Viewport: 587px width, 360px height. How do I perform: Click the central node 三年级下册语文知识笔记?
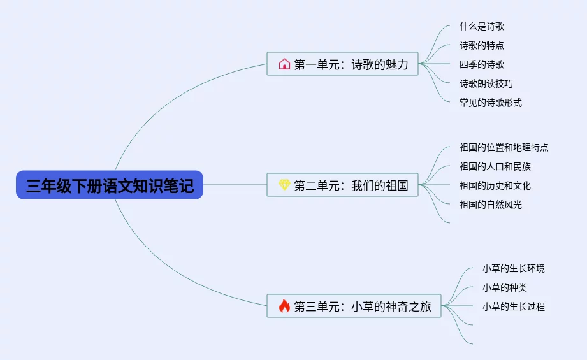click(110, 185)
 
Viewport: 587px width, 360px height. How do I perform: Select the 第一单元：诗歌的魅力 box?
click(342, 64)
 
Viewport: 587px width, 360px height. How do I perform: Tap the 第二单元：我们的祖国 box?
click(342, 185)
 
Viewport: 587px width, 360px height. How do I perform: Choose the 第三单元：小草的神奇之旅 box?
click(354, 306)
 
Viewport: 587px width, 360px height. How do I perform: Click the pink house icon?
click(284, 64)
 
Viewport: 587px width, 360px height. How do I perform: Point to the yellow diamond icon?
click(284, 185)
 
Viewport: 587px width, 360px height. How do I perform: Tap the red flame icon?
click(284, 306)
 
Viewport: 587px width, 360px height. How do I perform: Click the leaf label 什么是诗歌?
click(482, 26)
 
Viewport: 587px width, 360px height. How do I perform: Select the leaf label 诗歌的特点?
click(482, 45)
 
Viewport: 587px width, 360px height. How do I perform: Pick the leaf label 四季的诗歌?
click(482, 64)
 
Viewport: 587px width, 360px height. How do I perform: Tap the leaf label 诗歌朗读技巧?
click(486, 83)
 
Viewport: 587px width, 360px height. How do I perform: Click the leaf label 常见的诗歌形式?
click(491, 103)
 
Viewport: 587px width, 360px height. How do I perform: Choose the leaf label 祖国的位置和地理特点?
click(504, 147)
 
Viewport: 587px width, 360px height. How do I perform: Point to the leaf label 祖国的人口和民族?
click(495, 166)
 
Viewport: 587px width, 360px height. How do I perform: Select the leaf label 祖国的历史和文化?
click(495, 185)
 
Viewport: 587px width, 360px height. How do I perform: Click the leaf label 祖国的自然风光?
click(491, 205)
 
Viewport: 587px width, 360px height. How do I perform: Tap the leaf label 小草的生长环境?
click(514, 268)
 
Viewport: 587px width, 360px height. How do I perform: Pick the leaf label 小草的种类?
click(505, 287)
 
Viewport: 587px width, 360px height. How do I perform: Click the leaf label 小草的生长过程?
click(514, 306)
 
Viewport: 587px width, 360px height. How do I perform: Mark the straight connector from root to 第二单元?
click(235, 185)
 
